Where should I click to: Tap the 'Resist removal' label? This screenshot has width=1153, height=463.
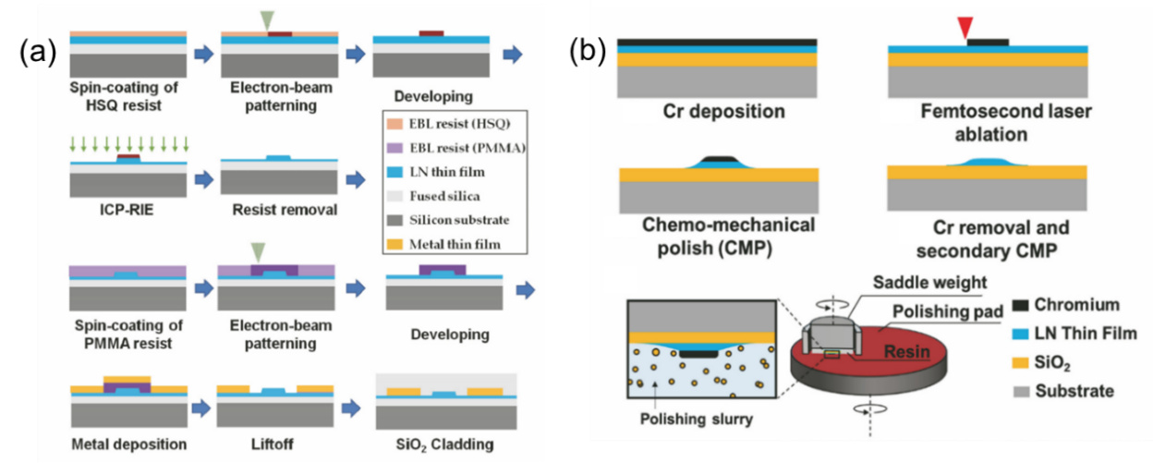[x=285, y=210]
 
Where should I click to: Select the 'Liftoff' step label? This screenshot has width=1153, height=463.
[x=271, y=445]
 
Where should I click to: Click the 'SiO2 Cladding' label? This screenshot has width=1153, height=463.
[x=435, y=445]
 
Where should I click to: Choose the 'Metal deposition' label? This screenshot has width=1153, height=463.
[x=128, y=445]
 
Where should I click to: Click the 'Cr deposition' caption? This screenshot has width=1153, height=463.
[x=723, y=112]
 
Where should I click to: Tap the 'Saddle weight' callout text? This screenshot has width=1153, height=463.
[x=932, y=282]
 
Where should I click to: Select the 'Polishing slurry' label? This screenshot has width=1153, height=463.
[x=698, y=419]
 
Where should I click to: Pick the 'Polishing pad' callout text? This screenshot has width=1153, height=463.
[x=947, y=311]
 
